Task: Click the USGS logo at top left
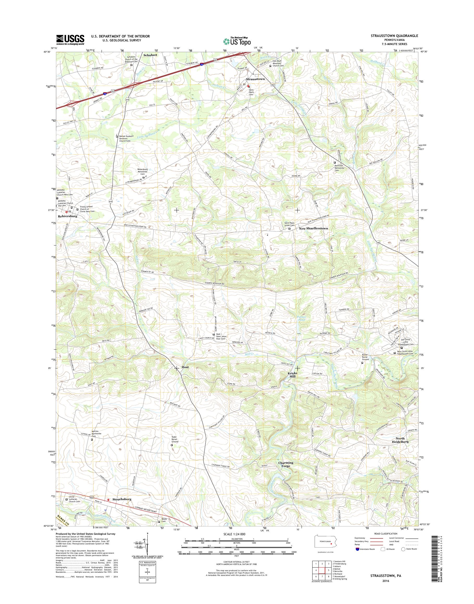tap(70, 39)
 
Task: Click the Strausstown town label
tap(255, 79)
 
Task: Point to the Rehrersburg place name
tap(67, 216)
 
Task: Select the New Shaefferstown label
tap(313, 228)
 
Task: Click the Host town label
tap(185, 367)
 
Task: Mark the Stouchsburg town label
tap(122, 507)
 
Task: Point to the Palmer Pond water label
tap(301, 318)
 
